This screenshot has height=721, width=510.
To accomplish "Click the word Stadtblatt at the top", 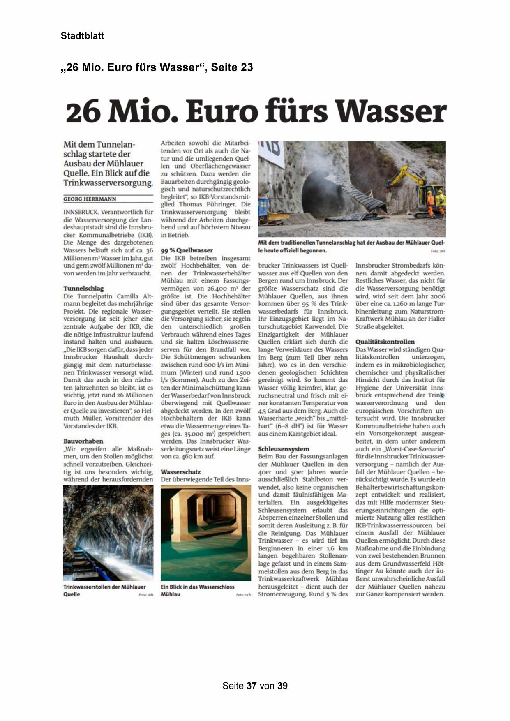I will click(82, 36).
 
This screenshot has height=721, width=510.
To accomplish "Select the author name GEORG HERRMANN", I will click(90, 199).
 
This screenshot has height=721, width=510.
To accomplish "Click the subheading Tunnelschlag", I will click(83, 289).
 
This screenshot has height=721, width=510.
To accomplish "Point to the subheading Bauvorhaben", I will click(83, 441).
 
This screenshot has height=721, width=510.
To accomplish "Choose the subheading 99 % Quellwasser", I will click(187, 250).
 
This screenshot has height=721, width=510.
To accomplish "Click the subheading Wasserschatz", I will click(180, 472).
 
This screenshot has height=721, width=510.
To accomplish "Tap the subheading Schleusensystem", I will click(284, 449).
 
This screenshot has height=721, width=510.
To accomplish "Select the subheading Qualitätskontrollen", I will click(385, 342).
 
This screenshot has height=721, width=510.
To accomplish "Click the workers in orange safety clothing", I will click(435, 201).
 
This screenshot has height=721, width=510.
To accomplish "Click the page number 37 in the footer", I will click(252, 686).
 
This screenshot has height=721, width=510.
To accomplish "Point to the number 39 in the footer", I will click(282, 686).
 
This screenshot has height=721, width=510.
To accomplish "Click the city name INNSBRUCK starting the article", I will click(81, 212).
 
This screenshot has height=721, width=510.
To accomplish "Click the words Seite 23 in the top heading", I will click(232, 67).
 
